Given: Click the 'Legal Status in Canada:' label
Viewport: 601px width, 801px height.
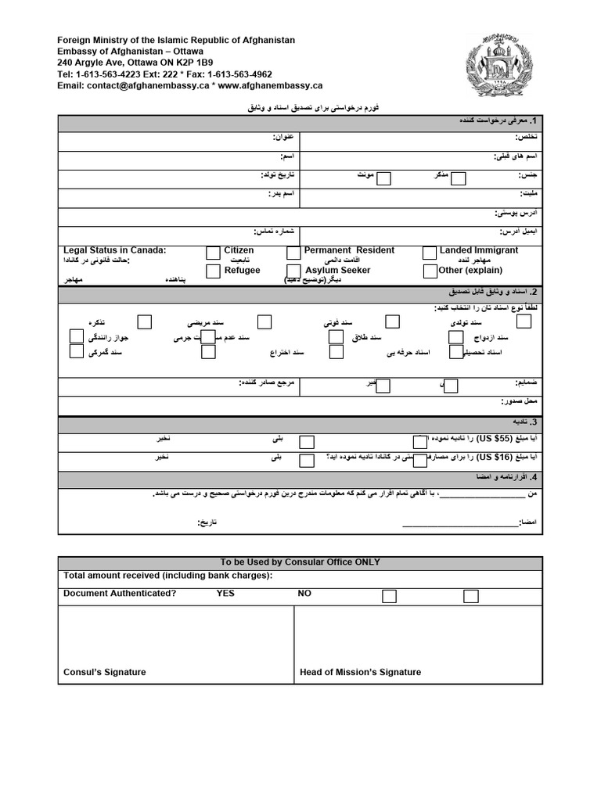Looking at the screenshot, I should coord(115,250).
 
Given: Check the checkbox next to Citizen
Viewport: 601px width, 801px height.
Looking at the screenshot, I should coord(213,253).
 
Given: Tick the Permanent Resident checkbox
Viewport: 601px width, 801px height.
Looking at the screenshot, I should coord(293,253).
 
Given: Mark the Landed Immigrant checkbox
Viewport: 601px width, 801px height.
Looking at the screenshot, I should coord(430,253).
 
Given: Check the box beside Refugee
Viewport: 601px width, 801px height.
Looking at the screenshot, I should coord(213,271).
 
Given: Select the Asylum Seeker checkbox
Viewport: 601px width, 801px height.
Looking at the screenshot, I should coord(293,271).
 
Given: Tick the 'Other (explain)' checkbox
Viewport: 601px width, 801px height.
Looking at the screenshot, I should coord(430,271).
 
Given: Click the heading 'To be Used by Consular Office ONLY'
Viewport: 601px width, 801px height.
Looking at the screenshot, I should coord(300,562).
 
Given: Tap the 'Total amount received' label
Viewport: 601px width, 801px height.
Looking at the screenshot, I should coord(167,577).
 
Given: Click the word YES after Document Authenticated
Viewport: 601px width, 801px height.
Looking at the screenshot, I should coord(225,594).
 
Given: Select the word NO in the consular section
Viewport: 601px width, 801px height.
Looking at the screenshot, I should coord(304,594).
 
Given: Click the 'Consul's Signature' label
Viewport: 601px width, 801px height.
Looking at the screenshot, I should coord(104,672).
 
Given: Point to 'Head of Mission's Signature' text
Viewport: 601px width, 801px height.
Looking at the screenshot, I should coord(360,672).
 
